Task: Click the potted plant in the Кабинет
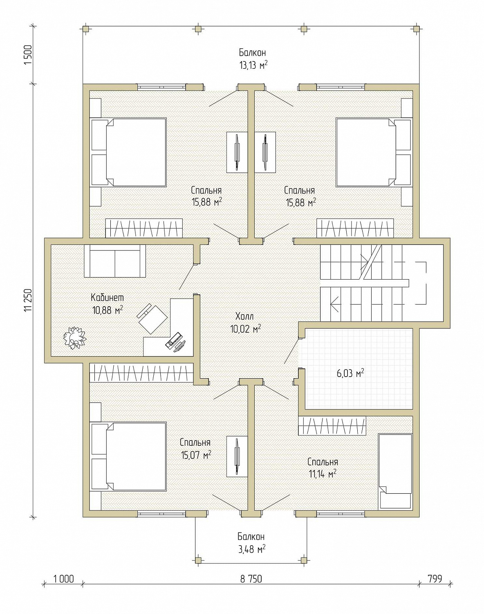click(74, 338)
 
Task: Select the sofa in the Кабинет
click(115, 261)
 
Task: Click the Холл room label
click(244, 316)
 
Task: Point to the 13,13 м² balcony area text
click(253, 65)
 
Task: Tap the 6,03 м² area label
click(351, 373)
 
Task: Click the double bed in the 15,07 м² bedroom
click(128, 456)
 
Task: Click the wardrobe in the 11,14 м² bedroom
click(332, 426)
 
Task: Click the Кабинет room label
click(108, 298)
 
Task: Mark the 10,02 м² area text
click(245, 329)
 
